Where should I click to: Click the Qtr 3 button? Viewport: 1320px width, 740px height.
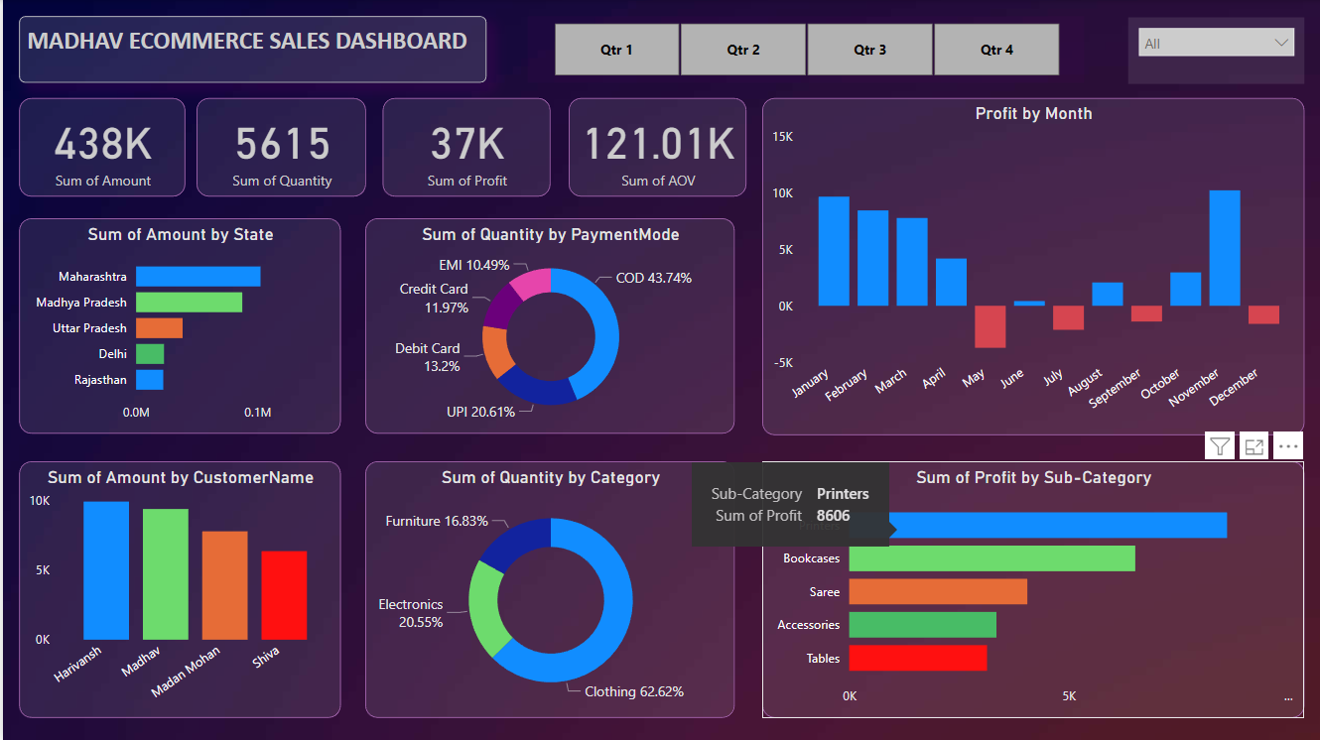tap(870, 50)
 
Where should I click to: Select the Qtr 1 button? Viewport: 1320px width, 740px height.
tap(616, 50)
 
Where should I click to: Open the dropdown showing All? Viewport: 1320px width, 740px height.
tap(1216, 43)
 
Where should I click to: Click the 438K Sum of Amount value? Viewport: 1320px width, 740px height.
tap(103, 144)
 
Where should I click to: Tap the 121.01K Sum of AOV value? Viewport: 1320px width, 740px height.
tap(658, 144)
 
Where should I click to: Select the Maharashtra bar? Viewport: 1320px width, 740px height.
tap(198, 277)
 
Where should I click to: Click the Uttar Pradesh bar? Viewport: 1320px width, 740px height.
tap(159, 328)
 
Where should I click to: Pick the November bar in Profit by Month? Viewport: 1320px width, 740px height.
tap(1225, 248)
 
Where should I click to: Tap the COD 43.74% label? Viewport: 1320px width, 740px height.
tap(653, 279)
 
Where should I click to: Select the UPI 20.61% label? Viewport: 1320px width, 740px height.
tap(480, 412)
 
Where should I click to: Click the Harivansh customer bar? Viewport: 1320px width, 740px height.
tap(106, 570)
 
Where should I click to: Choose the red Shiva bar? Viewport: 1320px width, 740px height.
tap(284, 595)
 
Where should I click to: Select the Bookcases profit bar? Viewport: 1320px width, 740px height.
tap(991, 558)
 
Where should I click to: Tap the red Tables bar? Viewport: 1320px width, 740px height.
tap(918, 659)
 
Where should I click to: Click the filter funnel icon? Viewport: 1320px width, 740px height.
tap(1220, 446)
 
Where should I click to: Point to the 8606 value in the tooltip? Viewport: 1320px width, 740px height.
tap(833, 515)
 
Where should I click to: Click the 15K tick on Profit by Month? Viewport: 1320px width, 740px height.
tap(783, 137)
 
